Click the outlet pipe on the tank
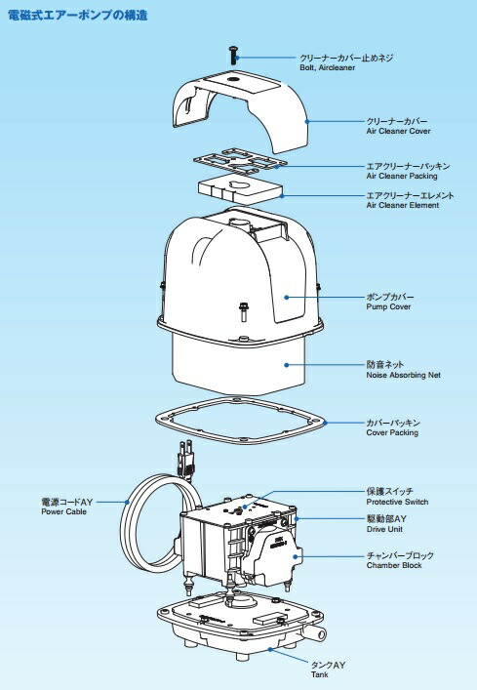(x=312, y=633)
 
